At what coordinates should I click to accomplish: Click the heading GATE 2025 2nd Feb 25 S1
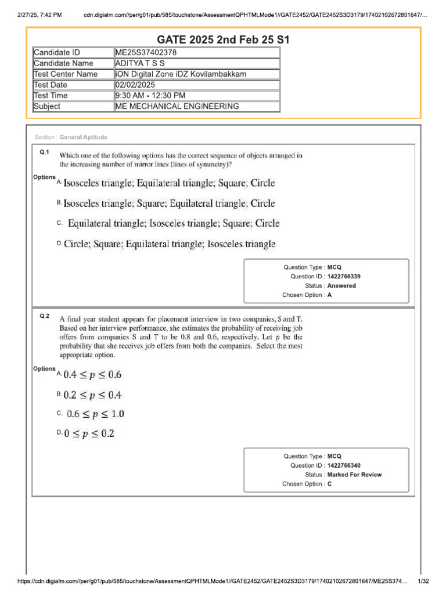[x=223, y=40]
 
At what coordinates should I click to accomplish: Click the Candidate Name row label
[x=63, y=63]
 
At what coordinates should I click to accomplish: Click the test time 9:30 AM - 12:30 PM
[x=150, y=96]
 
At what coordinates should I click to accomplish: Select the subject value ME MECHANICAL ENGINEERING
[x=177, y=106]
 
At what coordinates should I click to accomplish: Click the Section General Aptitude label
[x=71, y=137]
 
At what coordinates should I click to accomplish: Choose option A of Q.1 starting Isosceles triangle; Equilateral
[x=169, y=183]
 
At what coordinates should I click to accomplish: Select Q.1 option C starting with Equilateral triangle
[x=174, y=223]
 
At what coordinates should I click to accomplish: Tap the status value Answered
[x=341, y=286]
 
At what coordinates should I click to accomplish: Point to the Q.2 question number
[x=45, y=316]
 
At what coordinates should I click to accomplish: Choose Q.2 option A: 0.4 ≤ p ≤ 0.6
[x=92, y=374]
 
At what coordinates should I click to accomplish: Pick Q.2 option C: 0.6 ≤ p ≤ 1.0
[x=95, y=414]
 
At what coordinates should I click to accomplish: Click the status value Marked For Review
[x=354, y=475]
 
